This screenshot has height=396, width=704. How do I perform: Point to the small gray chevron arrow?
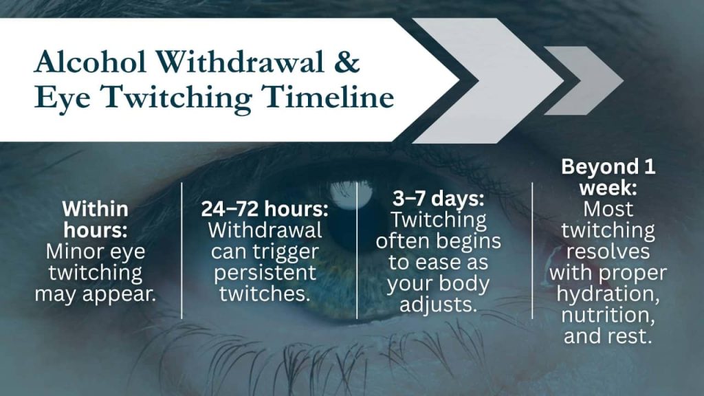584,80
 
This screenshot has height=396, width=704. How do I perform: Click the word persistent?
265,273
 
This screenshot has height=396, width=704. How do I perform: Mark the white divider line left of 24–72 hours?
181,251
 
